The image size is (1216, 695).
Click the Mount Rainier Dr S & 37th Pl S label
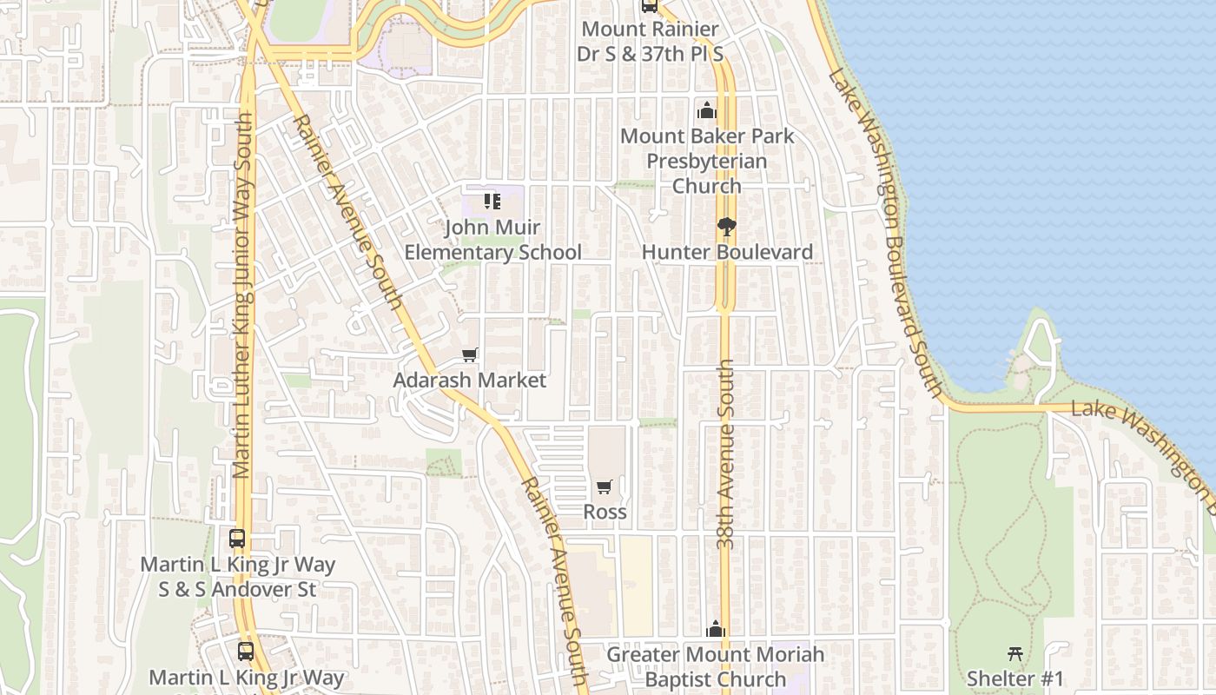[650, 41]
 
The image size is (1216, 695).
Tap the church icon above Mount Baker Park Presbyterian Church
[707, 111]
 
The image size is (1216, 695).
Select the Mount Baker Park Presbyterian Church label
[707, 161]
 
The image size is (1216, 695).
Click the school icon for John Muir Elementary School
[492, 202]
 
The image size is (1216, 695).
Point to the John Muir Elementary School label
[492, 240]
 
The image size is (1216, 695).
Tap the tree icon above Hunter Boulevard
[726, 228]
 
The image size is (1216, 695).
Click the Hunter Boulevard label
[727, 252]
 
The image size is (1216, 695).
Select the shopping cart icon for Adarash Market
[470, 354]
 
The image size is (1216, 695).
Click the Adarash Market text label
[470, 380]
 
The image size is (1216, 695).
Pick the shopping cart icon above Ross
[605, 486]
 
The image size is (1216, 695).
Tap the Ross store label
[605, 512]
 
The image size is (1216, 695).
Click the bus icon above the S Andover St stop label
[237, 539]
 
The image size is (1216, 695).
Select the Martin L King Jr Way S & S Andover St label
[237, 577]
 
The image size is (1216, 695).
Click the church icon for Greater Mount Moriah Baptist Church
[716, 629]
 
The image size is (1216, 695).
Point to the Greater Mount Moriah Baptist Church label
[716, 666]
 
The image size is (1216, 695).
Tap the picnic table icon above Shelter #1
[1014, 653]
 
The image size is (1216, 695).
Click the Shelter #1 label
[1014, 678]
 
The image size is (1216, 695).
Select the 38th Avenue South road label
[727, 453]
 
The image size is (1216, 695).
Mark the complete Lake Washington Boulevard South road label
[886, 235]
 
